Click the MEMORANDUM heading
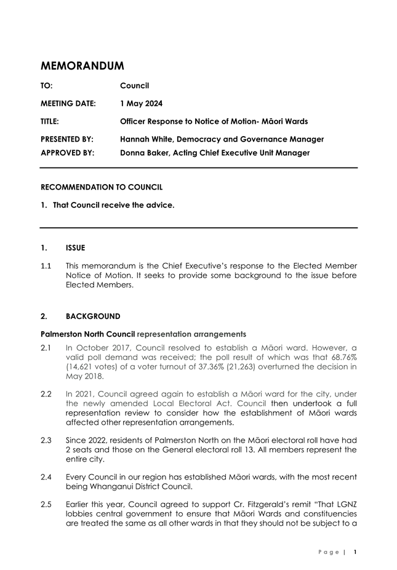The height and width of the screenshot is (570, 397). point(82,65)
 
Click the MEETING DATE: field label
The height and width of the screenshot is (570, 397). point(68,103)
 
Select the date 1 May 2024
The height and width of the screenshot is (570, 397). point(142,103)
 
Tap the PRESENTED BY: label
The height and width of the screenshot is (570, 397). point(67,139)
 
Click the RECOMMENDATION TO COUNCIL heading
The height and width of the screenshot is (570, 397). point(102,187)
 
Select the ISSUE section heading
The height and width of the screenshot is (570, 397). point(75,248)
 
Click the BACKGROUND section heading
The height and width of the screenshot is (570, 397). point(92,316)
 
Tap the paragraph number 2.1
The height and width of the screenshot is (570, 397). point(46,347)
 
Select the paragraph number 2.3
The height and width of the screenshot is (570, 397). point(46,440)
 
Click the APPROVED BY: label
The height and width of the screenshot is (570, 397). point(67,153)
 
